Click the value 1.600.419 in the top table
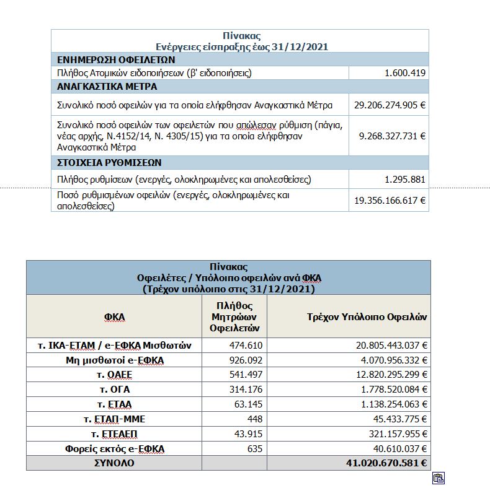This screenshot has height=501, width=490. (404, 73)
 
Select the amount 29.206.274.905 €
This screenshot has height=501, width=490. (390, 105)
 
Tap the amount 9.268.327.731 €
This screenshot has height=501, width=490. (392, 136)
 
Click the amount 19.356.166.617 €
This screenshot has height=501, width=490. (390, 200)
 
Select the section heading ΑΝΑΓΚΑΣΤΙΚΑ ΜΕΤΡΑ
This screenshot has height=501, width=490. (107, 87)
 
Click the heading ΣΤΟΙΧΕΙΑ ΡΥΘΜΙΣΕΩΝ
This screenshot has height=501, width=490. (109, 162)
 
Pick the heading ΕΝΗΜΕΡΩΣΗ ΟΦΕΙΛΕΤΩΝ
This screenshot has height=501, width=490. (116, 60)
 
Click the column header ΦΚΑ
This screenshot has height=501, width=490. (114, 316)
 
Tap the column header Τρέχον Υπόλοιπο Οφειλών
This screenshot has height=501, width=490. (367, 316)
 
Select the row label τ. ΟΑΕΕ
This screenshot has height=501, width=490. (114, 375)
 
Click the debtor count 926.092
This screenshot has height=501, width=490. (246, 360)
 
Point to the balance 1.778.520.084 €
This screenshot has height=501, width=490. (385, 390)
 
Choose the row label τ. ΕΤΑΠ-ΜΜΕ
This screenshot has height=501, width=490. (114, 419)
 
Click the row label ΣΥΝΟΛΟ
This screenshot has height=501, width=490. (114, 463)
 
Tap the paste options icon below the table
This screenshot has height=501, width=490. (439, 477)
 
